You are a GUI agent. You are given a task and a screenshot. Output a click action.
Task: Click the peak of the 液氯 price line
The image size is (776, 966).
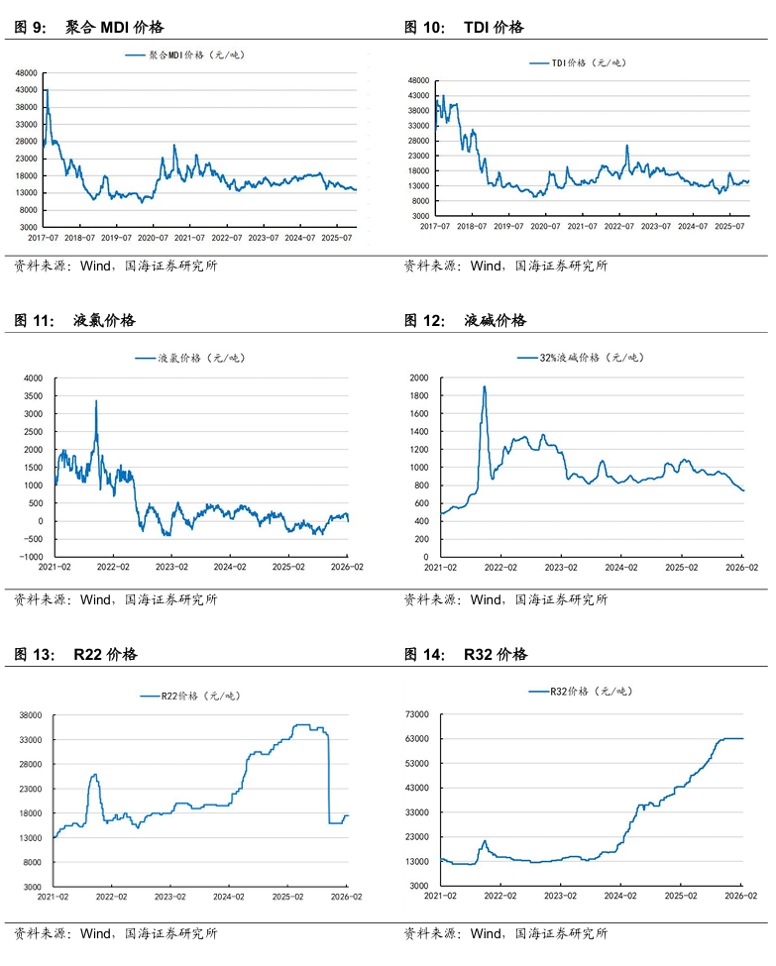pos(96,401)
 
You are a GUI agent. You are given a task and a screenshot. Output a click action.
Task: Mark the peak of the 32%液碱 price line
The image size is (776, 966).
pos(484,386)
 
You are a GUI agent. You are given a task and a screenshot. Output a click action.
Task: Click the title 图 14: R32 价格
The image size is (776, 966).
pos(466,655)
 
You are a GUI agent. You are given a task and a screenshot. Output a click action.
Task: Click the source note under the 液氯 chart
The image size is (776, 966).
pos(115,599)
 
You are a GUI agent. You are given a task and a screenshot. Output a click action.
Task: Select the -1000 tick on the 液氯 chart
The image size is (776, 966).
pos(32,557)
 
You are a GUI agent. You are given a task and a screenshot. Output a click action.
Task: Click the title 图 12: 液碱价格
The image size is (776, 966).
pos(466,321)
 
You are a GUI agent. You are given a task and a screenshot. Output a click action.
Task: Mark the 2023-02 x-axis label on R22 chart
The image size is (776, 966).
pos(171,896)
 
